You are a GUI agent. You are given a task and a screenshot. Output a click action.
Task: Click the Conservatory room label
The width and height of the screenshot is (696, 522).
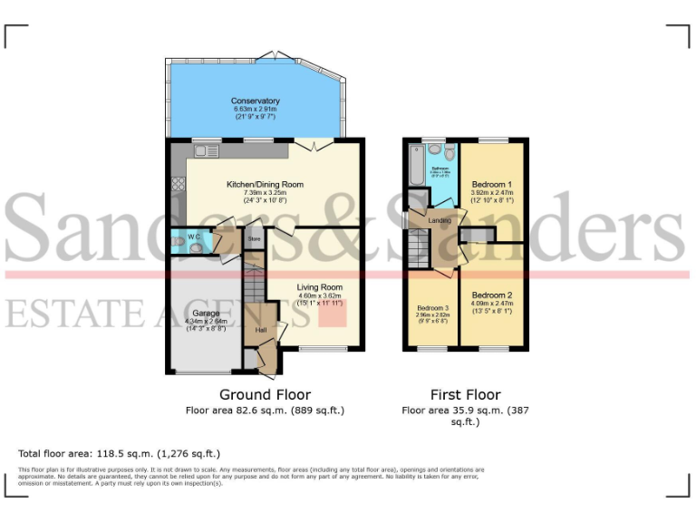pyautogui.click(x=255, y=101)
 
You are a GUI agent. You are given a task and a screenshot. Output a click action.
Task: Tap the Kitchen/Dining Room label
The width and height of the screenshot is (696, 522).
pyautogui.click(x=265, y=184)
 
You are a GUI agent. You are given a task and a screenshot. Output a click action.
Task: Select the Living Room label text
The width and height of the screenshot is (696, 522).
pyautogui.click(x=320, y=287)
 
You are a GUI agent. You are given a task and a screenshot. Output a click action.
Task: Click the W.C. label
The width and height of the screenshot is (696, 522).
pyautogui.click(x=194, y=237)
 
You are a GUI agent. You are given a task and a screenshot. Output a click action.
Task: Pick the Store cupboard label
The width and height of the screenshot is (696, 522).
pyautogui.click(x=255, y=239)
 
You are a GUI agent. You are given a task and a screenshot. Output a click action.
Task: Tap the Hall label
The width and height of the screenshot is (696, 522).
pyautogui.click(x=261, y=330)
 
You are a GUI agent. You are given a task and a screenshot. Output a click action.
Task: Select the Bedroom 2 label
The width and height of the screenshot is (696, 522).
pyautogui.click(x=492, y=295)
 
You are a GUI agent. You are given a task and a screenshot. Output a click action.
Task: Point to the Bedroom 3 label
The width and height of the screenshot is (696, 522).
pyautogui.click(x=433, y=308)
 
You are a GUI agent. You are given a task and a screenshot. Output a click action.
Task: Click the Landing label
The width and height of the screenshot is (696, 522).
pyautogui.click(x=440, y=220)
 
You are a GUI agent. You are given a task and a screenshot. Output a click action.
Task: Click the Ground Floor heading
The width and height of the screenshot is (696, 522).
pyautogui.click(x=265, y=395)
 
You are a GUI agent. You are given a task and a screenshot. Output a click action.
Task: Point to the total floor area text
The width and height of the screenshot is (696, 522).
pyautogui.click(x=119, y=452)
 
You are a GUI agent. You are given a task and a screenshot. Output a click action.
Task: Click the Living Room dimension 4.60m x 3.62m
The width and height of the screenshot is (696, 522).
pyautogui.click(x=320, y=295)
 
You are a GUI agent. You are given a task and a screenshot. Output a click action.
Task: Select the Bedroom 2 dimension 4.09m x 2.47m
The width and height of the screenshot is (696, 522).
pyautogui.click(x=492, y=304)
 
